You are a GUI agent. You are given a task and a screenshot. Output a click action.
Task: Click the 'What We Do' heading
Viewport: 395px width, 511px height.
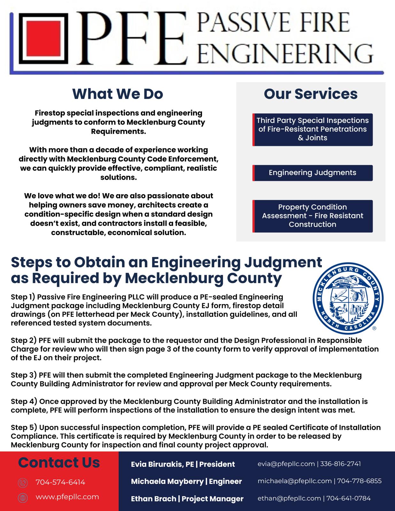pos(118,94)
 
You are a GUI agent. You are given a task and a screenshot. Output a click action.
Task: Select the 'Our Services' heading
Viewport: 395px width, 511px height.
pos(311,94)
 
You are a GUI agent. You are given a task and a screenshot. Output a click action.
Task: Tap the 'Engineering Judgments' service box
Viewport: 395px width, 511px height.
pos(313,173)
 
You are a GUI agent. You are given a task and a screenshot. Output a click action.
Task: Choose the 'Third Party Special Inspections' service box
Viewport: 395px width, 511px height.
pos(313,129)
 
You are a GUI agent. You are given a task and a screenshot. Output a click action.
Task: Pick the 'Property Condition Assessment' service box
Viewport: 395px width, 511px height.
pos(313,216)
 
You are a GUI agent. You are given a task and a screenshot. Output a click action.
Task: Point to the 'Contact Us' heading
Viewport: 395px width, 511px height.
pos(59,462)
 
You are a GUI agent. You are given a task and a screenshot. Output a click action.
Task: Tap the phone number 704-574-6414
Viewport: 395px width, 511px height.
pos(60,482)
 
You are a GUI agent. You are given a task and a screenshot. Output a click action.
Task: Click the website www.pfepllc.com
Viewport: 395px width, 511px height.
pos(67,497)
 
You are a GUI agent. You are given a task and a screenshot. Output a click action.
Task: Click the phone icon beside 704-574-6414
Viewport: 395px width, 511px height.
pos(23,483)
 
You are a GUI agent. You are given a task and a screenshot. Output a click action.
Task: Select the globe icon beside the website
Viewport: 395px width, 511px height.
pos(23,498)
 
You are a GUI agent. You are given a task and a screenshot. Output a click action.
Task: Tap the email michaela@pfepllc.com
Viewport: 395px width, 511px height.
pos(294,481)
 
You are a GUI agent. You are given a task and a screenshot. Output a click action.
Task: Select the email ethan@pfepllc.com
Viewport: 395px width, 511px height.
pos(289,498)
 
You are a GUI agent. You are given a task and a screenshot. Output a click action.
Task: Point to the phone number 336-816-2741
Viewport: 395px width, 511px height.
pos(340,464)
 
